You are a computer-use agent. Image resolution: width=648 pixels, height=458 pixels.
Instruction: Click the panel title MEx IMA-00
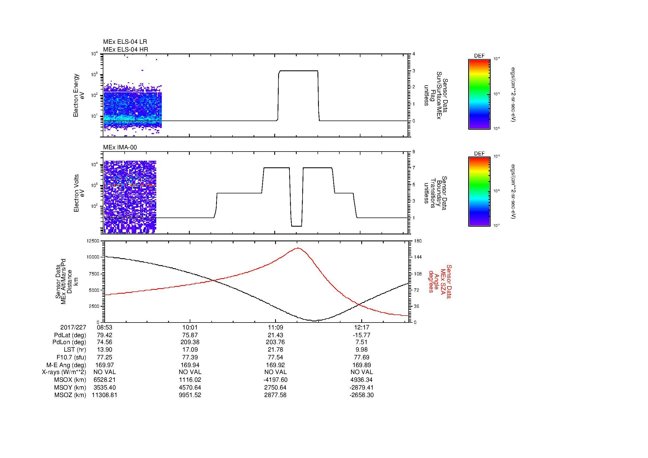pyautogui.click(x=120, y=147)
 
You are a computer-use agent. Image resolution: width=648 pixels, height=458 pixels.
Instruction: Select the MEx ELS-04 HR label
pyautogui.click(x=125, y=49)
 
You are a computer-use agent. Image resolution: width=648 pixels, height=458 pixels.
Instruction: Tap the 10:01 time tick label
pyautogui.click(x=190, y=327)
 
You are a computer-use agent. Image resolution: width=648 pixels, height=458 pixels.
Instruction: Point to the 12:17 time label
pyautogui.click(x=362, y=327)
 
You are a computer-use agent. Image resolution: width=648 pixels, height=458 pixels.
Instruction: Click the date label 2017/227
pyautogui.click(x=73, y=327)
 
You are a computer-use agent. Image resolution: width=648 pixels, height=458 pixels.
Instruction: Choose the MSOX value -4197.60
pyautogui.click(x=275, y=380)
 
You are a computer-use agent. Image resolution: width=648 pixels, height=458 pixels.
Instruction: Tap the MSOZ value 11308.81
pyautogui.click(x=104, y=395)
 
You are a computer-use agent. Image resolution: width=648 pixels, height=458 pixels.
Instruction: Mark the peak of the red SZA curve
pyautogui.click(x=298, y=248)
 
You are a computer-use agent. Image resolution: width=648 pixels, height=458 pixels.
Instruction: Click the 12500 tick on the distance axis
pyautogui.click(x=93, y=241)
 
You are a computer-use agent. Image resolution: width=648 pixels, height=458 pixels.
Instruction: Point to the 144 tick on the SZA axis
pyautogui.click(x=418, y=257)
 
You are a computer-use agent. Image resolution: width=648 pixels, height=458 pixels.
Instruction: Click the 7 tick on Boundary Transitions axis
pyautogui.click(x=414, y=168)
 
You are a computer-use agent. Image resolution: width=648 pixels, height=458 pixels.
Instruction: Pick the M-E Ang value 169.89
pyautogui.click(x=362, y=365)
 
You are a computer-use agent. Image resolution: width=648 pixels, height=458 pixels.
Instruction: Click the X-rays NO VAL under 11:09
pyautogui.click(x=275, y=372)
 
